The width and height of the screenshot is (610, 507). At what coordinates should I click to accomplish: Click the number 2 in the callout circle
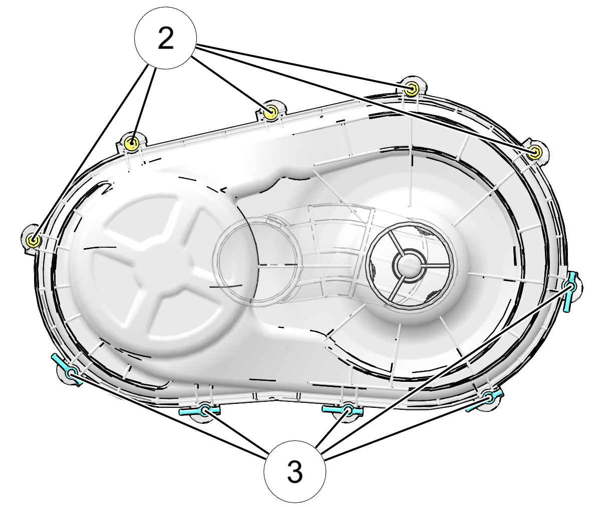(166, 38)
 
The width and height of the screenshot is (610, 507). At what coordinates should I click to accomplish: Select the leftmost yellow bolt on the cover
(33, 240)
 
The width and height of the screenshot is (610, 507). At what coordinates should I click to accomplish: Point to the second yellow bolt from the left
(131, 144)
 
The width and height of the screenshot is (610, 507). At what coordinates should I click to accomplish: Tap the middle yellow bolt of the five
(271, 112)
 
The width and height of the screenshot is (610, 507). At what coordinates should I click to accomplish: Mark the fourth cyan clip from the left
(486, 399)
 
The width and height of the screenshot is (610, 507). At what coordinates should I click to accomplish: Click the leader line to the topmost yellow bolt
(304, 67)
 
